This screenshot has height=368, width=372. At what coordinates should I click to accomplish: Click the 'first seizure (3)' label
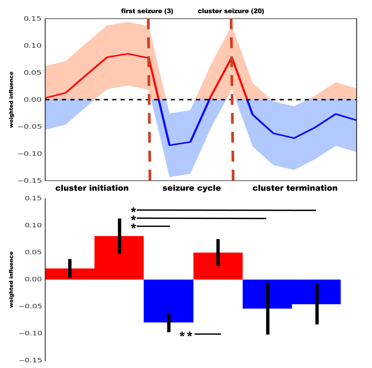tap(147, 11)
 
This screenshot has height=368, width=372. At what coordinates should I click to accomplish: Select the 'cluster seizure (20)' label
tap(231, 11)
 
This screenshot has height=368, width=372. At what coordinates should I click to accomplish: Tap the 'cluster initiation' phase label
tap(92, 188)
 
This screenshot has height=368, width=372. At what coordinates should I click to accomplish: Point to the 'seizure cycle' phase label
tap(191, 188)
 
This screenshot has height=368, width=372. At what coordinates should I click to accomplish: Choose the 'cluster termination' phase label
tap(295, 188)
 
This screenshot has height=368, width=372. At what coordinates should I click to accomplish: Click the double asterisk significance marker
tap(186, 335)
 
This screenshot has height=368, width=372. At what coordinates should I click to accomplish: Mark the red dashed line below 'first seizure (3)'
tap(149, 101)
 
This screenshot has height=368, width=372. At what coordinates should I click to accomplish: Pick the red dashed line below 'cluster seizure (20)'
tap(232, 101)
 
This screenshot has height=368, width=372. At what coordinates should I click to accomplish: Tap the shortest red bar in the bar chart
tap(57, 274)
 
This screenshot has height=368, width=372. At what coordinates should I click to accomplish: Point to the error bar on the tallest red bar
tap(119, 236)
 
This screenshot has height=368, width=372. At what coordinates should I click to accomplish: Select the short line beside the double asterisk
tap(208, 334)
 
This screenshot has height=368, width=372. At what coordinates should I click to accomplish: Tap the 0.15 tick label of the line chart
tap(32, 19)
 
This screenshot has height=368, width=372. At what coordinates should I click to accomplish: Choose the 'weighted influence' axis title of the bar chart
tap(12, 279)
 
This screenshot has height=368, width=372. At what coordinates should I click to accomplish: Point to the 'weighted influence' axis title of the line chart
tap(12, 99)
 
